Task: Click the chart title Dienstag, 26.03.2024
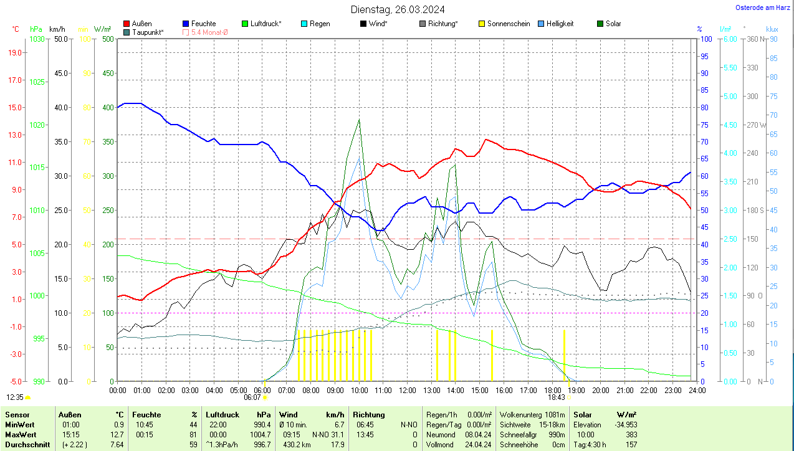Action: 398,9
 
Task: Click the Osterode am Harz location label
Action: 763,7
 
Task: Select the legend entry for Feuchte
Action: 203,24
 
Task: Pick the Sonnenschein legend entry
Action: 508,24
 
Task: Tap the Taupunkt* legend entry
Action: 148,32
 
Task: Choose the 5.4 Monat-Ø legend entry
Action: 209,32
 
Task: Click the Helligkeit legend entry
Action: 560,24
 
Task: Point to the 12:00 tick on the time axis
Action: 408,390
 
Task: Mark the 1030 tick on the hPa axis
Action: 37,39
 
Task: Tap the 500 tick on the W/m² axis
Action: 108,39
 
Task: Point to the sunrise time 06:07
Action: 252,397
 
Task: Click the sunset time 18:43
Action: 556,397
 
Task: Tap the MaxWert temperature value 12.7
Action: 118,435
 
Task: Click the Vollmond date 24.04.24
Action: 478,445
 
